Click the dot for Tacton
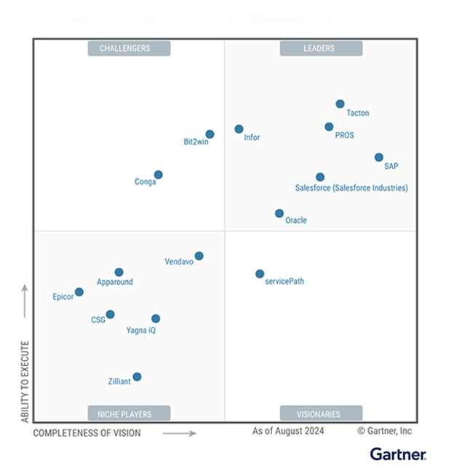(x=340, y=104)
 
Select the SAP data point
(x=379, y=157)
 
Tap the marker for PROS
(x=329, y=127)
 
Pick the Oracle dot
(x=279, y=213)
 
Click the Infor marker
(x=239, y=129)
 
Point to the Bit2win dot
(x=210, y=134)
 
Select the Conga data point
(x=158, y=175)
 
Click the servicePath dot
(x=260, y=274)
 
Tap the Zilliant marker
(x=137, y=376)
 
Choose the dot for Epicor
(x=79, y=292)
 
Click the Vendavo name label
(x=179, y=261)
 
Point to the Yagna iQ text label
(x=141, y=330)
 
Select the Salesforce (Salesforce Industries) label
(x=351, y=188)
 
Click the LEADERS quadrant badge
(x=319, y=49)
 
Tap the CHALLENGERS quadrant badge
(x=129, y=49)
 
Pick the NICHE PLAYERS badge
(x=129, y=414)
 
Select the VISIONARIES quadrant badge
(x=319, y=414)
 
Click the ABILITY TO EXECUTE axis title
(x=25, y=381)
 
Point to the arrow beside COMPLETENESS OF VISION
(x=179, y=433)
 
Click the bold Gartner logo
(x=398, y=455)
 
